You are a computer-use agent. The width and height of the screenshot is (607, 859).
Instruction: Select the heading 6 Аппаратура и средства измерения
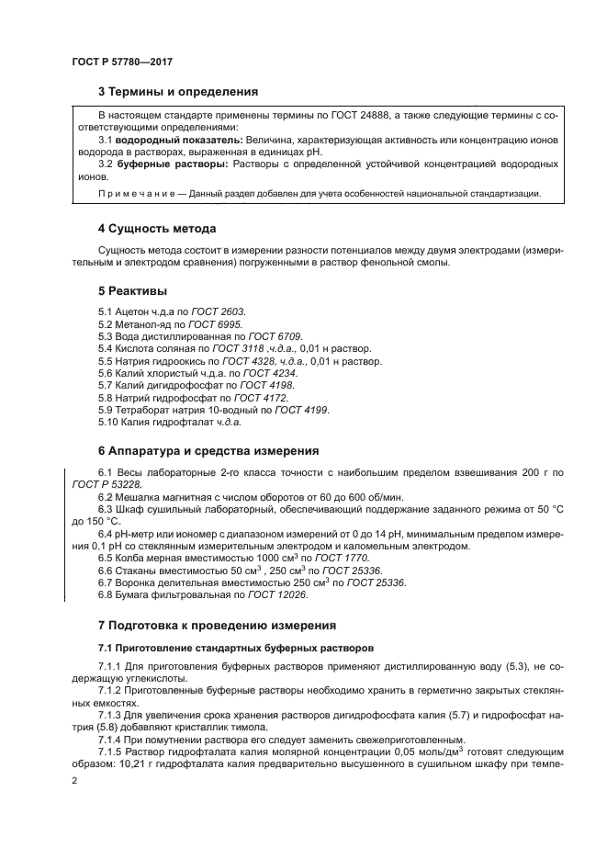tap(208, 451)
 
